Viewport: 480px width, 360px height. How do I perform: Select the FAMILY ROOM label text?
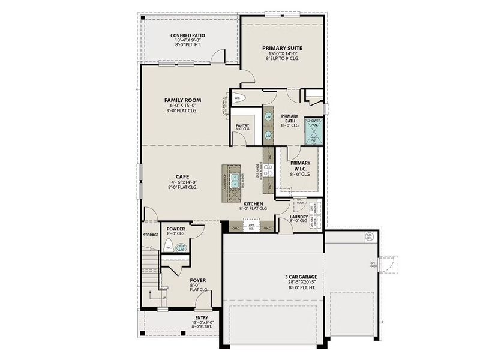pyautogui.click(x=182, y=100)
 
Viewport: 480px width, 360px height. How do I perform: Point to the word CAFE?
pyautogui.click(x=182, y=176)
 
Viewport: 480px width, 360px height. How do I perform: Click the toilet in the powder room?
pyautogui.click(x=170, y=247)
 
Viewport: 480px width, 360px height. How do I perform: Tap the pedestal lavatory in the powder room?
pyautogui.click(x=182, y=246)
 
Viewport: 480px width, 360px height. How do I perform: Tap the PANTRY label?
pyautogui.click(x=242, y=125)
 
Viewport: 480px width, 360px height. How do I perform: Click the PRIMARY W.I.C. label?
pyautogui.click(x=300, y=166)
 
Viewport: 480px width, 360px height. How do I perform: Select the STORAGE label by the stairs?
pyautogui.click(x=151, y=235)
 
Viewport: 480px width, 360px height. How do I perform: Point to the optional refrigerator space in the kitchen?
pyautogui.click(x=252, y=227)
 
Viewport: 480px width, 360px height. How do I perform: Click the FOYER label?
pyautogui.click(x=198, y=279)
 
